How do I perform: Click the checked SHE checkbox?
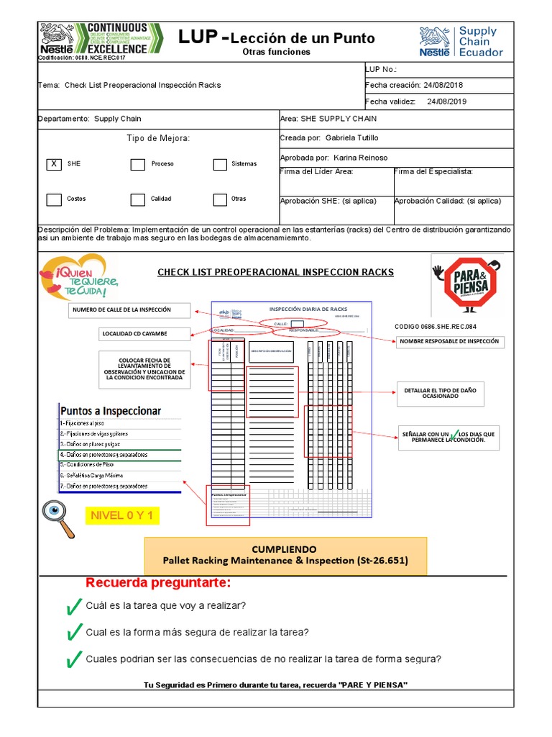54,164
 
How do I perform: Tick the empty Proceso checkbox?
137,164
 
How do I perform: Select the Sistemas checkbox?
220,164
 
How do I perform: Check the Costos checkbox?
54,199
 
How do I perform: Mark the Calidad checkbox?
137,199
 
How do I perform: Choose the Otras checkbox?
220,199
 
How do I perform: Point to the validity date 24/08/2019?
446,101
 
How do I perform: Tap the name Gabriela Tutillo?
351,137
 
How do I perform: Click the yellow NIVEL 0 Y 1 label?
122,516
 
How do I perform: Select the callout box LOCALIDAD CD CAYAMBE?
144,334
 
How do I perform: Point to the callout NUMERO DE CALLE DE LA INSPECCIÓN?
130,310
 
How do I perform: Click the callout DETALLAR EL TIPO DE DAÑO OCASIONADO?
440,394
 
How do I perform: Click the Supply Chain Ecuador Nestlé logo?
461,42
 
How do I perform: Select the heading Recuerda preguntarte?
159,582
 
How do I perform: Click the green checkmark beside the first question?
73,607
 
